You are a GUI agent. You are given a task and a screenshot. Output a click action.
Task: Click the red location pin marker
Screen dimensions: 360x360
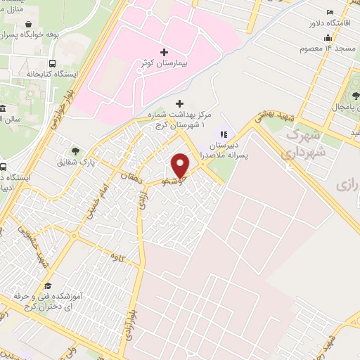click(180, 165)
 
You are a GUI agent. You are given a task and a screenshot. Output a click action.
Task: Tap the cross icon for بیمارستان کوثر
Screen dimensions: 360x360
click(164, 52)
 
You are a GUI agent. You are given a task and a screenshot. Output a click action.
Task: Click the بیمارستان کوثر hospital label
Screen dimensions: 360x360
click(163, 64)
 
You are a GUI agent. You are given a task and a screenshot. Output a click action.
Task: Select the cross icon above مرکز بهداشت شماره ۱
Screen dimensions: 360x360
click(186, 103)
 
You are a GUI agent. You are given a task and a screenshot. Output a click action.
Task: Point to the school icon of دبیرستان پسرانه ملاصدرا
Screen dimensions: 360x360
click(224, 134)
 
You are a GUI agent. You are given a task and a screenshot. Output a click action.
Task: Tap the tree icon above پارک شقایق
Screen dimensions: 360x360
click(75, 150)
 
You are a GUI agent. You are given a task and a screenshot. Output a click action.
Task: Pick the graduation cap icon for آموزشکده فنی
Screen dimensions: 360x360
click(49, 285)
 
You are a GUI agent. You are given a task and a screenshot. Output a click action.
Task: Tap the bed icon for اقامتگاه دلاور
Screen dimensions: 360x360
click(330, 12)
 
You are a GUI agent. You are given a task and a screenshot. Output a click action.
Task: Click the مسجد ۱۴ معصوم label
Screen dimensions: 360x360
click(322, 49)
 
